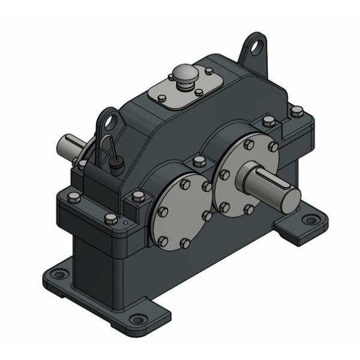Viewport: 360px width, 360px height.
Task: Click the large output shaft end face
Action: point(287,196)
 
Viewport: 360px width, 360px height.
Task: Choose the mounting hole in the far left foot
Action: point(58,275)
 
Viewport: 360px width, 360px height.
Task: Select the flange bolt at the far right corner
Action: point(296,111)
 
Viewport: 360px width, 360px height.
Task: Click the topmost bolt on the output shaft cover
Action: point(248,145)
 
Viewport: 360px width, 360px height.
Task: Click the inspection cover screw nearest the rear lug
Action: point(208,71)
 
